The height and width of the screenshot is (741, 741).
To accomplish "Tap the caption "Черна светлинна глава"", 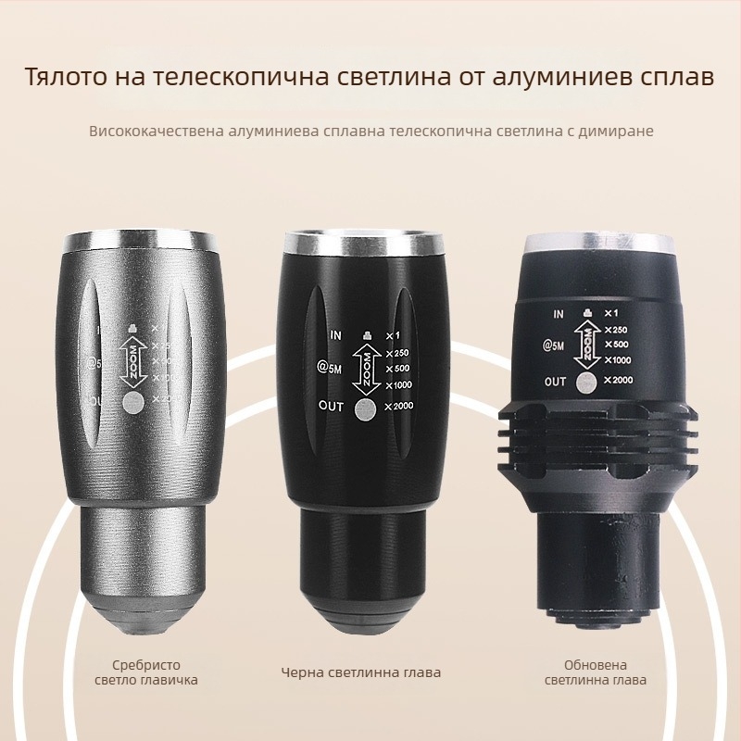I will click(x=361, y=672).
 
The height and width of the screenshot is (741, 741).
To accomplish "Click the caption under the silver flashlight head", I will click(x=146, y=672).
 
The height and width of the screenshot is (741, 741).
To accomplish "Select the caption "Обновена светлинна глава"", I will click(x=595, y=672).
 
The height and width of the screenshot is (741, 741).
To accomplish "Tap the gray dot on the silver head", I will click(x=133, y=401).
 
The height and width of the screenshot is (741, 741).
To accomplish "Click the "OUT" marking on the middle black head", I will click(x=331, y=406).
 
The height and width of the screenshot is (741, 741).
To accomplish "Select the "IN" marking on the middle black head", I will click(x=336, y=333).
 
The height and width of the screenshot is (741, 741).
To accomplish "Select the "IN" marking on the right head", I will click(x=559, y=314).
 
